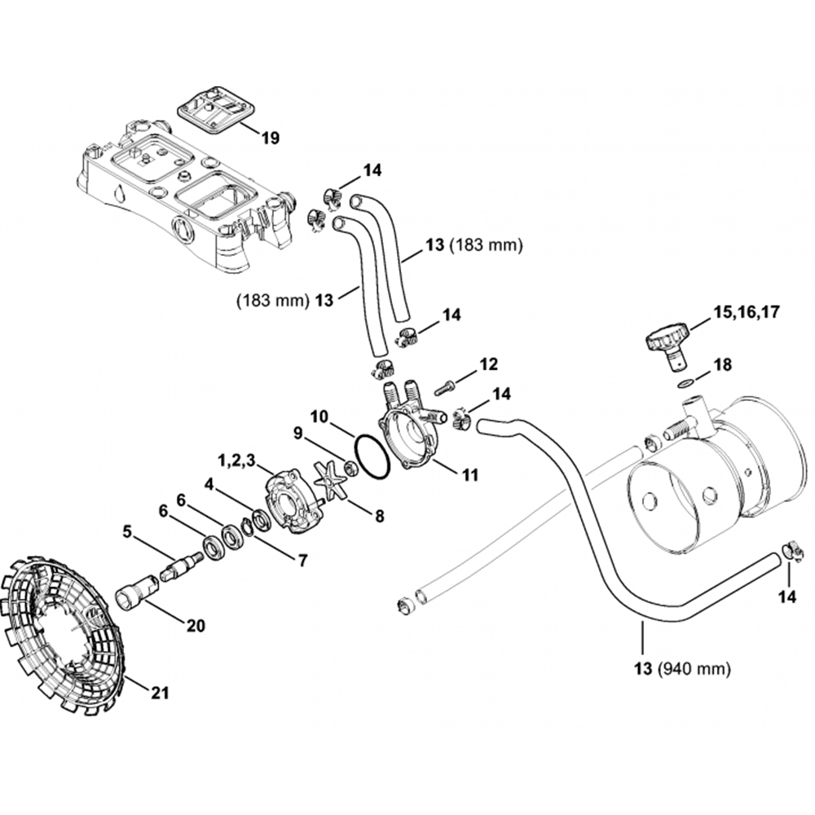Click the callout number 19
270,138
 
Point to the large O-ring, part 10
371,456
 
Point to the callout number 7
302,561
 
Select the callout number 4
209,483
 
